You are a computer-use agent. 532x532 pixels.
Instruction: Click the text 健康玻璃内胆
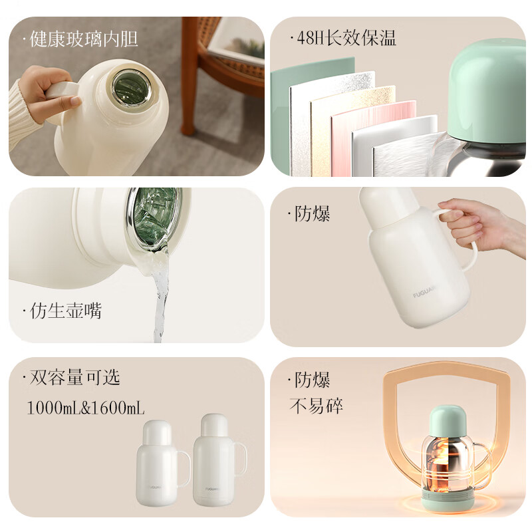(x=84, y=39)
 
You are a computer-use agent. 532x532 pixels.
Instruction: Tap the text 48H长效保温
(x=345, y=39)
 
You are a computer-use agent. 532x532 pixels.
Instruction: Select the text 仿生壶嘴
(x=66, y=311)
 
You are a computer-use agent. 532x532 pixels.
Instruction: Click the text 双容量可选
(x=74, y=378)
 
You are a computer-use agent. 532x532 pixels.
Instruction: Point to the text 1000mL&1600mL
(x=85, y=407)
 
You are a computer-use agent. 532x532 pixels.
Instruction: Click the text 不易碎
(x=317, y=406)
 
